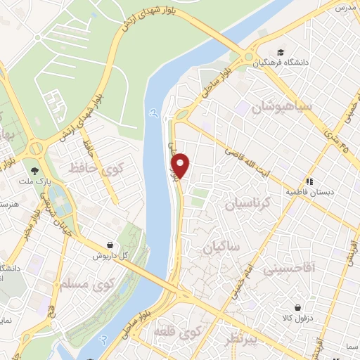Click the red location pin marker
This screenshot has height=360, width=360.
tap(181, 165)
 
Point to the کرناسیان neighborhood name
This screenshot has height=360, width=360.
tap(257, 202)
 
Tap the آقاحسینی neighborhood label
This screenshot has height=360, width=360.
tap(289, 268)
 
